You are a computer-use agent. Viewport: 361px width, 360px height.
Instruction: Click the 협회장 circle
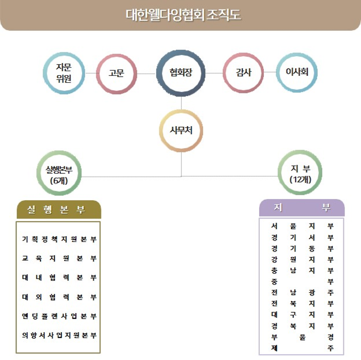181,73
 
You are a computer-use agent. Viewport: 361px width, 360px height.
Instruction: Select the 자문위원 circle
64,73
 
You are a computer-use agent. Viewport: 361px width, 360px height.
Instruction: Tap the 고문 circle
116,73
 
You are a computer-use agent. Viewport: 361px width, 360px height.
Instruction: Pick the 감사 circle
244,73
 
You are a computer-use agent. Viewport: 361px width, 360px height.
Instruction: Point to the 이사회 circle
297,73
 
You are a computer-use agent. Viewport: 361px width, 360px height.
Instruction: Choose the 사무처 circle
181,131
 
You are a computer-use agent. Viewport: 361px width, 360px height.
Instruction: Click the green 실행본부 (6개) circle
59,173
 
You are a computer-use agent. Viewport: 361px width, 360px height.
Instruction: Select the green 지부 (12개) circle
300,173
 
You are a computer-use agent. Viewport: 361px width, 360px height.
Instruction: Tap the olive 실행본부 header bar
59,209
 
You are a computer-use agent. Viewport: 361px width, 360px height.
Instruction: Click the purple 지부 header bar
302,207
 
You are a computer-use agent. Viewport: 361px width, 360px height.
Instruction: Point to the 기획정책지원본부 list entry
59,239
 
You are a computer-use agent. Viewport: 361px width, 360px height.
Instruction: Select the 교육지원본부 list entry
59,258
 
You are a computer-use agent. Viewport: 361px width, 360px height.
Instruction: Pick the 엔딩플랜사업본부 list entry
59,316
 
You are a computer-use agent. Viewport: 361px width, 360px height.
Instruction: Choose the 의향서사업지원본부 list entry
59,335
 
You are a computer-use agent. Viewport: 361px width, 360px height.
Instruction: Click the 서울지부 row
302,226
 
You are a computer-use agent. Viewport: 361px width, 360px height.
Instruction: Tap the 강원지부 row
302,260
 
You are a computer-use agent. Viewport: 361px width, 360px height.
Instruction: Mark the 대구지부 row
302,314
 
